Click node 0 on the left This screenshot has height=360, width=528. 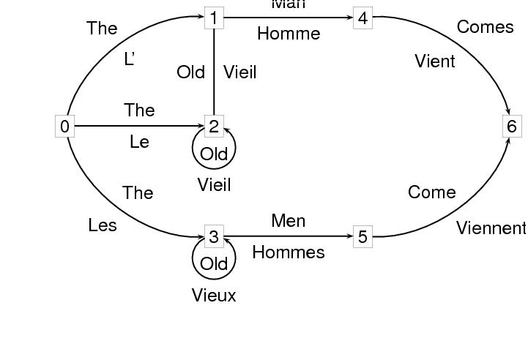(65, 127)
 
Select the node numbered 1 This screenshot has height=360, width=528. (214, 18)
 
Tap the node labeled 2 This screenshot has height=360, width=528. (214, 127)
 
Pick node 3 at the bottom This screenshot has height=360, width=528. (214, 236)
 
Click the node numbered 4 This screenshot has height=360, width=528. (362, 18)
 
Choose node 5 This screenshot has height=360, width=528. (362, 236)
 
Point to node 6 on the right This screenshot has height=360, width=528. (511, 127)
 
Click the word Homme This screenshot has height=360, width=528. (289, 34)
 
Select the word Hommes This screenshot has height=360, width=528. (289, 252)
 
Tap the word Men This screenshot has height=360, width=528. (289, 220)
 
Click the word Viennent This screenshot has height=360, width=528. (491, 228)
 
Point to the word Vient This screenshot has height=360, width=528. (435, 61)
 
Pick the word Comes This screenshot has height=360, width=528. (485, 27)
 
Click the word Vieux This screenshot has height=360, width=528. (214, 296)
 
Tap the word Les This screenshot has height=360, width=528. (103, 225)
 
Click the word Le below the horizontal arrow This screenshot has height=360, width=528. (139, 142)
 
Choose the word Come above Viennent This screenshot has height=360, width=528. (432, 192)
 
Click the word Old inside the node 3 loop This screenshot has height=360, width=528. (214, 263)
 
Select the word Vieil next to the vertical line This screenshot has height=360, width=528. (240, 72)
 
